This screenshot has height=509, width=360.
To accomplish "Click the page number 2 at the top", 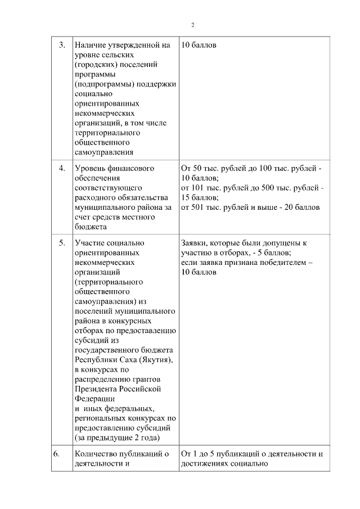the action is click(x=192, y=25).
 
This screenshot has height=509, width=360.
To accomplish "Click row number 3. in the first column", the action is click(x=62, y=44).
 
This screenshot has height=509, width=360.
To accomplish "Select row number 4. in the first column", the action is click(x=62, y=168).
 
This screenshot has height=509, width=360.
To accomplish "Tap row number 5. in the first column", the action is click(x=62, y=243).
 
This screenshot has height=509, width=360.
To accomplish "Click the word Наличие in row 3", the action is click(x=89, y=44).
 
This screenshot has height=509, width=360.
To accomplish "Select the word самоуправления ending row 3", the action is click(x=103, y=152).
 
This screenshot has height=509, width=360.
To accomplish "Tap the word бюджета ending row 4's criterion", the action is click(x=89, y=227).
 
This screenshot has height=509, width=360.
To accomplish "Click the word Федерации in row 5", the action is click(x=93, y=398).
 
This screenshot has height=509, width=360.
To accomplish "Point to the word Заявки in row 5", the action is click(x=195, y=243).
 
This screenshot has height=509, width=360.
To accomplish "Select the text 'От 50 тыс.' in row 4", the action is click(x=200, y=168).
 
